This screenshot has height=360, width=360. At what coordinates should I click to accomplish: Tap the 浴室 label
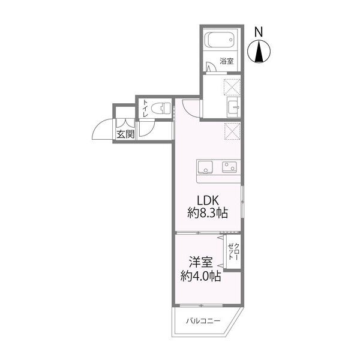click(226, 61)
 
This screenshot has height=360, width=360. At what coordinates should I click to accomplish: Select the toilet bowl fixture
click(162, 109)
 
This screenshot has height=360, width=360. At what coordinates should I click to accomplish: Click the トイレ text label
click(145, 109)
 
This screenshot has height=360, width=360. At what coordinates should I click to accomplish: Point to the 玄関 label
click(125, 134)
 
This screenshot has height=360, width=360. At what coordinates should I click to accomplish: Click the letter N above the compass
click(259, 32)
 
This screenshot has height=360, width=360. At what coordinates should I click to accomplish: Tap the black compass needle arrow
click(259, 52)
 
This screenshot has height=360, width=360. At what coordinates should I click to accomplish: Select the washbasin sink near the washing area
click(234, 107)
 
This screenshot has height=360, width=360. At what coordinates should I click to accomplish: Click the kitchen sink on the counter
click(205, 167)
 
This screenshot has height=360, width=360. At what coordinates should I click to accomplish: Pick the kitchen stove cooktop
click(229, 167)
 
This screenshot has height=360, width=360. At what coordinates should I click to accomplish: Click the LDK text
click(208, 200)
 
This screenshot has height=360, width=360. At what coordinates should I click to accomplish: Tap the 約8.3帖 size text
click(208, 212)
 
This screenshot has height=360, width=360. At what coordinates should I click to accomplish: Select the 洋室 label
click(200, 262)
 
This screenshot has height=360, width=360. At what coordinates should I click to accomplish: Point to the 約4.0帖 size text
click(200, 276)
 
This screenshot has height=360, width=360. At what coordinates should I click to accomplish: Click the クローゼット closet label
click(233, 251)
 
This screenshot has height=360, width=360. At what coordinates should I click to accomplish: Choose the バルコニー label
click(203, 320)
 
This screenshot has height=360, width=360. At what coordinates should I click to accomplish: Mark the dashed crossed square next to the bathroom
click(232, 87)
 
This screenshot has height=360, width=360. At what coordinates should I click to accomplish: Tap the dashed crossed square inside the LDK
click(232, 131)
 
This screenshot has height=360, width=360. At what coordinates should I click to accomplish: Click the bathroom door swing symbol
click(211, 67)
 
